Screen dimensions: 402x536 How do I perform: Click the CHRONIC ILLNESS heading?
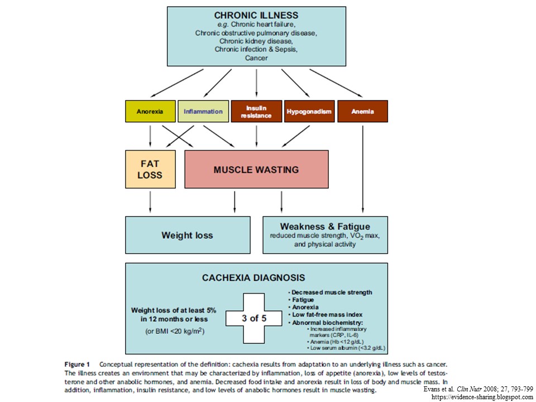tap(256, 15)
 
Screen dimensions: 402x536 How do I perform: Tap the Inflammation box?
tap(203, 111)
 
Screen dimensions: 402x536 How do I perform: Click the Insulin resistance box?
tap(256, 111)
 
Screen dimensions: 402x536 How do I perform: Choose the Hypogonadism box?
tap(309, 111)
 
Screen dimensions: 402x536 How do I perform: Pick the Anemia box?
tap(362, 111)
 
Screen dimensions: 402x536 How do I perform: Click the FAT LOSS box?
tap(150, 169)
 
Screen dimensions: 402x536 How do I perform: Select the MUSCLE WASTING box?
tap(256, 169)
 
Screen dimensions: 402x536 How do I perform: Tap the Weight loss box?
tap(188, 235)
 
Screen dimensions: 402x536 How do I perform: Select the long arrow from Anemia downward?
tap(363, 167)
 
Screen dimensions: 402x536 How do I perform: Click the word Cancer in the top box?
tap(256, 58)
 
